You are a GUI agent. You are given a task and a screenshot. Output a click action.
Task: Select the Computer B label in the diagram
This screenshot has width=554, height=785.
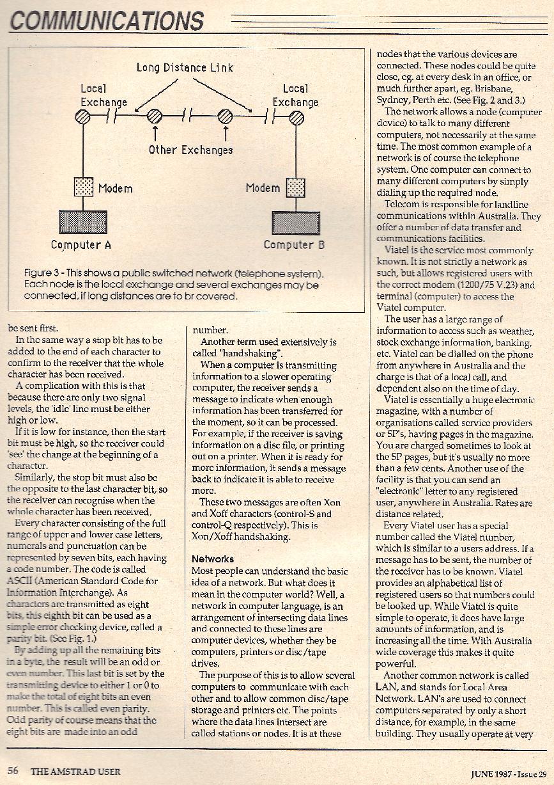coord(294,244)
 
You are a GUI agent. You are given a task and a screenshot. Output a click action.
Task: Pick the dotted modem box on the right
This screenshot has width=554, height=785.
coord(295,187)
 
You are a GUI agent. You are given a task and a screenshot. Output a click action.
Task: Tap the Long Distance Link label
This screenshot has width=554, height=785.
coord(185,67)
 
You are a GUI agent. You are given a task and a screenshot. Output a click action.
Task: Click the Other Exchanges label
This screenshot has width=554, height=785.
coord(190,150)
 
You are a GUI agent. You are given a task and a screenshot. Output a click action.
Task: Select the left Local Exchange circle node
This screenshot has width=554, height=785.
coord(83,116)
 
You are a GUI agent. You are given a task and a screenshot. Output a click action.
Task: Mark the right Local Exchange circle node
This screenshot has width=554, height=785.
coord(296,116)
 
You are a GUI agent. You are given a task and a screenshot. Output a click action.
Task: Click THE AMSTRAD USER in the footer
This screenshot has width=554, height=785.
coord(75,772)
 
